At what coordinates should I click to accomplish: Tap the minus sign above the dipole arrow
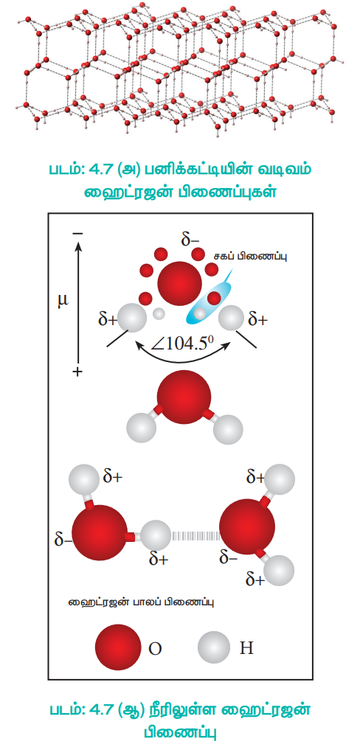coord(78,234)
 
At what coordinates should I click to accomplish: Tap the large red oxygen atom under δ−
coord(180,283)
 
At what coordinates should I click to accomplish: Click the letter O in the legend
coord(155,649)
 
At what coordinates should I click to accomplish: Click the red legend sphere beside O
coord(118,647)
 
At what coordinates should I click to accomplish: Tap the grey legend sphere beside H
coord(214,647)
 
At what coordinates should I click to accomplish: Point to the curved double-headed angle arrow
coord(181,361)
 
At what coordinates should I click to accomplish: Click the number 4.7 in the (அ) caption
coord(111,170)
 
